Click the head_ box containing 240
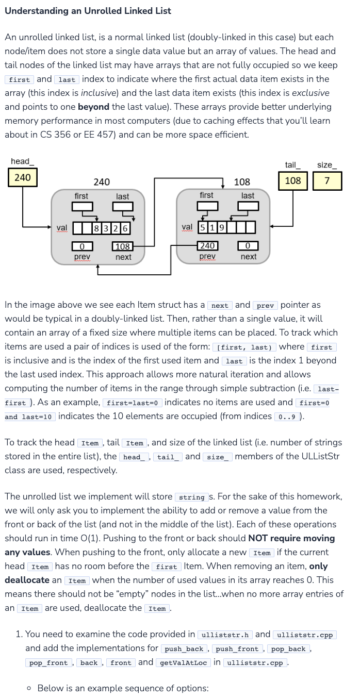[22, 177]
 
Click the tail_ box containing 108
[293, 181]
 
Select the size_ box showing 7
[326, 181]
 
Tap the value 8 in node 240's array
[97, 228]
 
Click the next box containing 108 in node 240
[123, 246]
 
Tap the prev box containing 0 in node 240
[82, 246]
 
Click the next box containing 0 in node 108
[248, 246]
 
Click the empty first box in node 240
[82, 206]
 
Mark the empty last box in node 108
[248, 206]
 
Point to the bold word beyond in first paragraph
[93, 107]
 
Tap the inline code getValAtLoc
[184, 663]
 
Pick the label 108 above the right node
[242, 182]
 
